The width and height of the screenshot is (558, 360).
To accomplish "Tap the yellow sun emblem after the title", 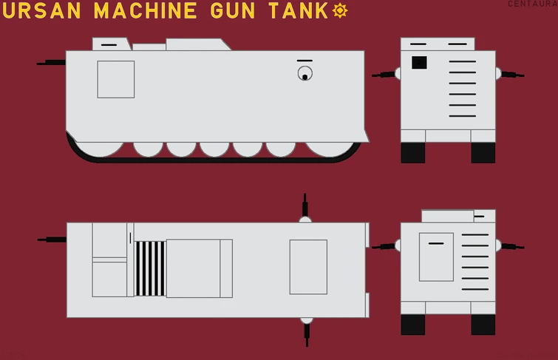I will click(340, 10).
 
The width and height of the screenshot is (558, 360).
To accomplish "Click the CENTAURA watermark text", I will click(532, 4).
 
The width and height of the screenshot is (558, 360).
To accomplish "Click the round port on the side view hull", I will click(304, 74).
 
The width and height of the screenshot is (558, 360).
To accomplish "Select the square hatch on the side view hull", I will click(116, 79).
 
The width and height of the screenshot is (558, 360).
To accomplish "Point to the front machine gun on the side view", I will click(52, 63).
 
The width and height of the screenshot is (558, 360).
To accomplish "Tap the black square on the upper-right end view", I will click(419, 63).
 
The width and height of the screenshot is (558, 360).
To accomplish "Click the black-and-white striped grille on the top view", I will click(150, 268).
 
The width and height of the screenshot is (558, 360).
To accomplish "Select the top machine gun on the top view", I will click(304, 206).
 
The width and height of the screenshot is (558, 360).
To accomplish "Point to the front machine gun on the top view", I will click(52, 240).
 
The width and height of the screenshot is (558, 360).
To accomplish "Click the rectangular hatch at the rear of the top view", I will click(308, 267).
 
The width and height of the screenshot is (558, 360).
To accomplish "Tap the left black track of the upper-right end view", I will click(412, 152).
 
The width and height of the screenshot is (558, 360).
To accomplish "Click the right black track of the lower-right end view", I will click(483, 324).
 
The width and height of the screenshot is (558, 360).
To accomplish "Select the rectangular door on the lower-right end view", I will click(436, 257).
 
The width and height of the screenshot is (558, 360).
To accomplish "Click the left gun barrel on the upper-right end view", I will click(384, 75).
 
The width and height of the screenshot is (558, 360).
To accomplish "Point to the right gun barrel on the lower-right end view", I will click(513, 246).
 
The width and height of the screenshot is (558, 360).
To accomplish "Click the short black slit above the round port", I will click(304, 61).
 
